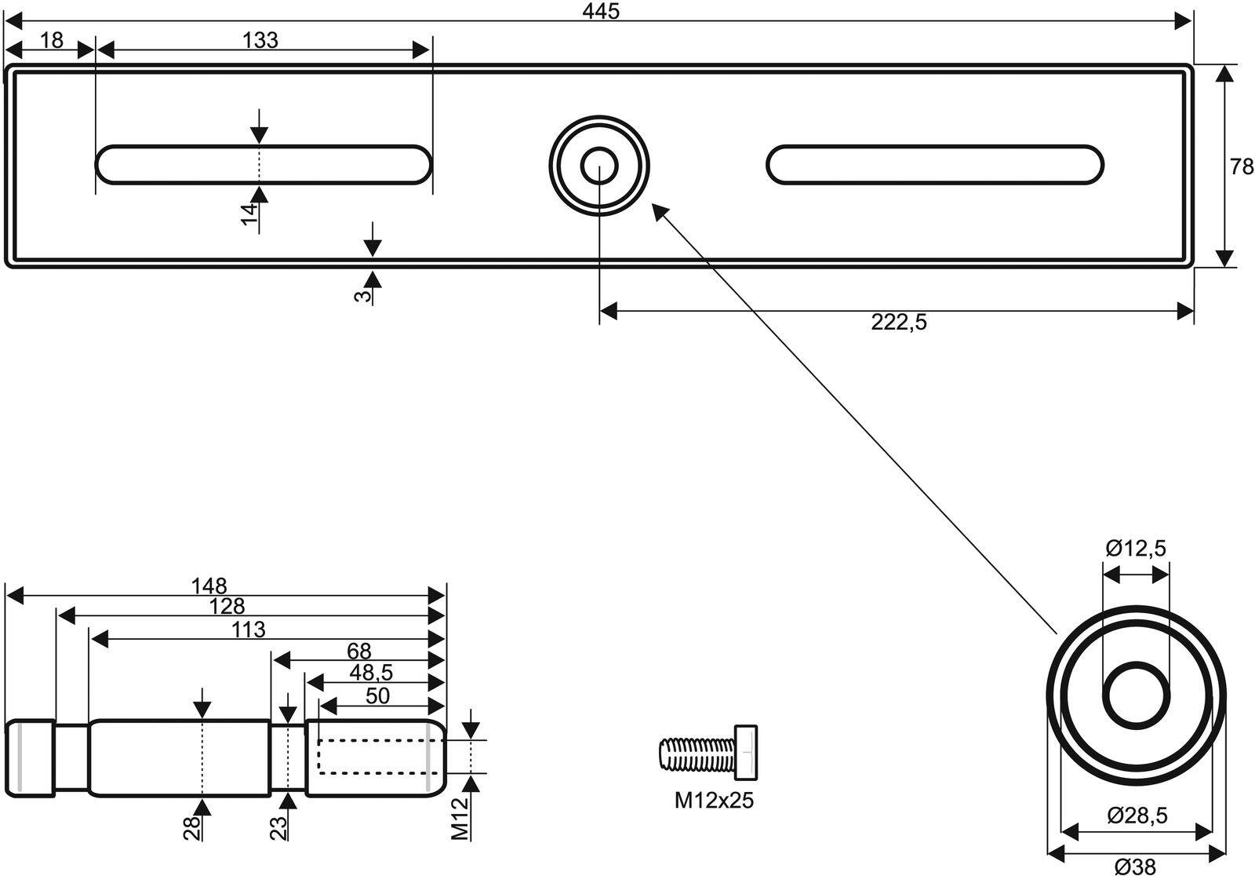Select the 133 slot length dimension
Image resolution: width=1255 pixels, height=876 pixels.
pos(260,40)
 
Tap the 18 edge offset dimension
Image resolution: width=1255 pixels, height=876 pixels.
pos(51,40)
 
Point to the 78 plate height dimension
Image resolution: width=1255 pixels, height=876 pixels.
pos(1242,166)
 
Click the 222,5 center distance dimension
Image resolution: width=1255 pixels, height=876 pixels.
pos(898,323)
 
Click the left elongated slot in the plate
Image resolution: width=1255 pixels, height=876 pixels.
pos(264,165)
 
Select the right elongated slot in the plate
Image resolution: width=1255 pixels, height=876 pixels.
pos(934,165)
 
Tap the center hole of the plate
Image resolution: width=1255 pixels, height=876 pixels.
pos(599,166)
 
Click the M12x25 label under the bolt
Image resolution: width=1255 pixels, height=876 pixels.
pos(714,801)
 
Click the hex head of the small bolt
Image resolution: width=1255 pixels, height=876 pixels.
pos(746,753)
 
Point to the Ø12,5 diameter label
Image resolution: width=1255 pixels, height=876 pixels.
pos(1136,549)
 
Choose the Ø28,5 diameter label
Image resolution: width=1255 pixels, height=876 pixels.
pos(1137,816)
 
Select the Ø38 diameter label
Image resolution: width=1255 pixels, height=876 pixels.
pos(1135,867)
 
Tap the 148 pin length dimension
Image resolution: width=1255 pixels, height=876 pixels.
pos(209,586)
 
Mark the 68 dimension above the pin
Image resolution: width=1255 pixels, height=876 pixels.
pos(358,651)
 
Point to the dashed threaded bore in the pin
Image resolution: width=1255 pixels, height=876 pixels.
pos(373,756)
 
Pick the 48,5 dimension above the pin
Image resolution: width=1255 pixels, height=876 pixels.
pos(371,673)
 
